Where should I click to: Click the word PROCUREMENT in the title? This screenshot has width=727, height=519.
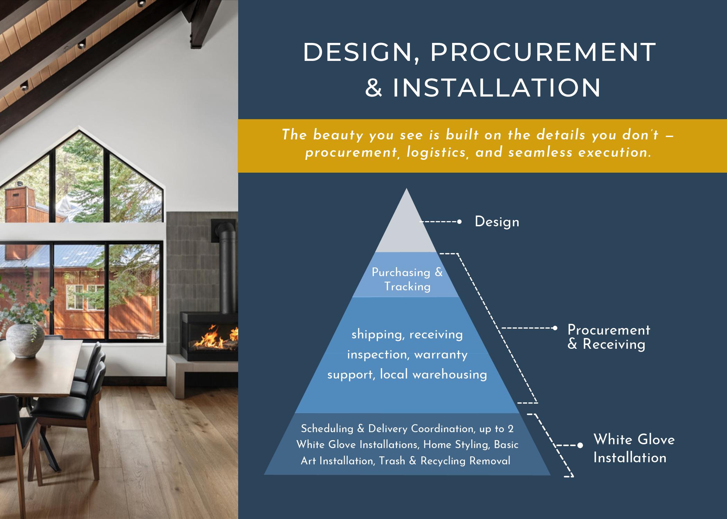click(543, 53)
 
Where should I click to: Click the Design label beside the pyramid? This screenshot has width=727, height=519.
click(497, 222)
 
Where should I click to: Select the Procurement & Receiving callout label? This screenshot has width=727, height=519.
click(609, 337)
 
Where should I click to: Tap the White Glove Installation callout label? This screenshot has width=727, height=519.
click(634, 448)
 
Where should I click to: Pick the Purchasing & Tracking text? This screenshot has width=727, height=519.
click(407, 279)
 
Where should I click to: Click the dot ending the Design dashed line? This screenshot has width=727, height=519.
click(459, 222)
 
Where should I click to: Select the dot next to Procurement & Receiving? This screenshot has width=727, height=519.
click(555, 328)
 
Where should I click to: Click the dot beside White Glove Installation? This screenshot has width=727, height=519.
click(581, 445)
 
